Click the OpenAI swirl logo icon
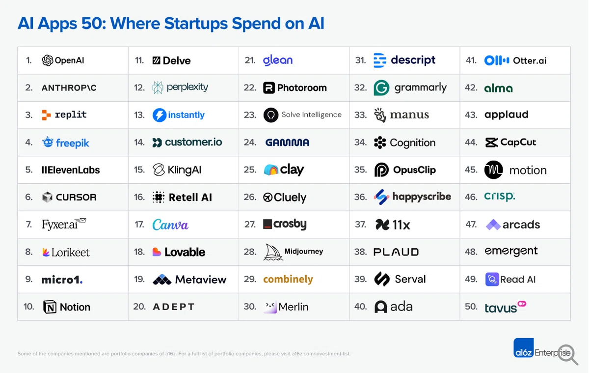pyautogui.click(x=47, y=60)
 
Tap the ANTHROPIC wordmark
pyautogui.click(x=69, y=87)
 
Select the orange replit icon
pyautogui.click(x=46, y=115)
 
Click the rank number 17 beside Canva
pyautogui.click(x=139, y=225)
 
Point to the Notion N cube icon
pyautogui.click(x=50, y=307)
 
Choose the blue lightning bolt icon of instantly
pyautogui.click(x=160, y=115)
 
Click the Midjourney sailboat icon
pyautogui.click(x=273, y=252)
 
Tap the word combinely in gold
pyautogui.click(x=288, y=279)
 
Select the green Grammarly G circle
pyautogui.click(x=381, y=87)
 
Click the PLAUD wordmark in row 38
pyautogui.click(x=396, y=252)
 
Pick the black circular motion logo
pyautogui.click(x=494, y=170)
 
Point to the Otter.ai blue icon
pyautogui.click(x=497, y=60)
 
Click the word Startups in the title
pyautogui.click(x=196, y=24)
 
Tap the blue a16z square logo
pyautogui.click(x=524, y=348)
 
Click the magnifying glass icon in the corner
pyautogui.click(x=568, y=354)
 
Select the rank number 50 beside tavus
pyautogui.click(x=471, y=306)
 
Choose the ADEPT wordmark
pyautogui.click(x=174, y=307)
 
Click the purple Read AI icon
pyautogui.click(x=492, y=279)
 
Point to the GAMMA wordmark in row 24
pyautogui.click(x=287, y=143)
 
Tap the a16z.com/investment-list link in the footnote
pyautogui.click(x=321, y=353)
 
